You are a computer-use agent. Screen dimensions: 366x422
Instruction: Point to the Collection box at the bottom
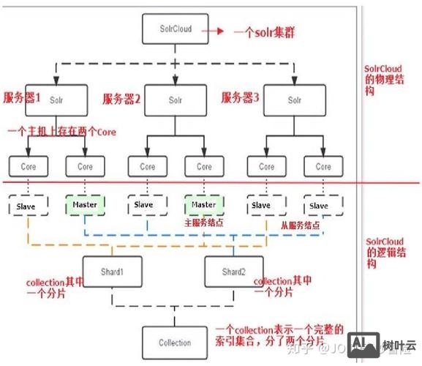click(x=175, y=343)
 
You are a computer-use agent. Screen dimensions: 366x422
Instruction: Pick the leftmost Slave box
click(x=28, y=206)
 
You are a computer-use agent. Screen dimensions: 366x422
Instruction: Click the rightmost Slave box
click(x=320, y=206)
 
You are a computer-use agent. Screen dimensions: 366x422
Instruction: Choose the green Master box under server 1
click(x=85, y=205)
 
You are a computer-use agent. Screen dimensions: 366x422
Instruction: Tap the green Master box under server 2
click(x=204, y=204)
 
